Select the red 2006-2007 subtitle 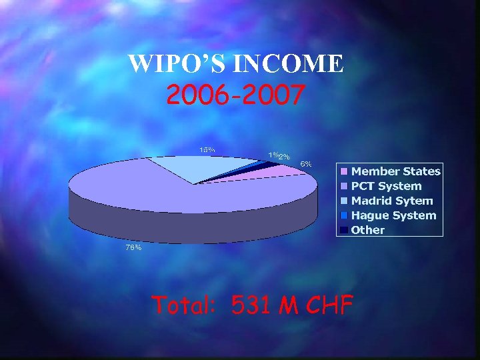point(236,96)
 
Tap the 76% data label point(133,247)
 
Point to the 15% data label point(207,149)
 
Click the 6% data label point(306,163)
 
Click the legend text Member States point(396,171)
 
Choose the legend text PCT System point(386,186)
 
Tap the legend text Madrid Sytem point(392,201)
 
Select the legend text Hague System point(393,215)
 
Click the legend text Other point(368,230)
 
